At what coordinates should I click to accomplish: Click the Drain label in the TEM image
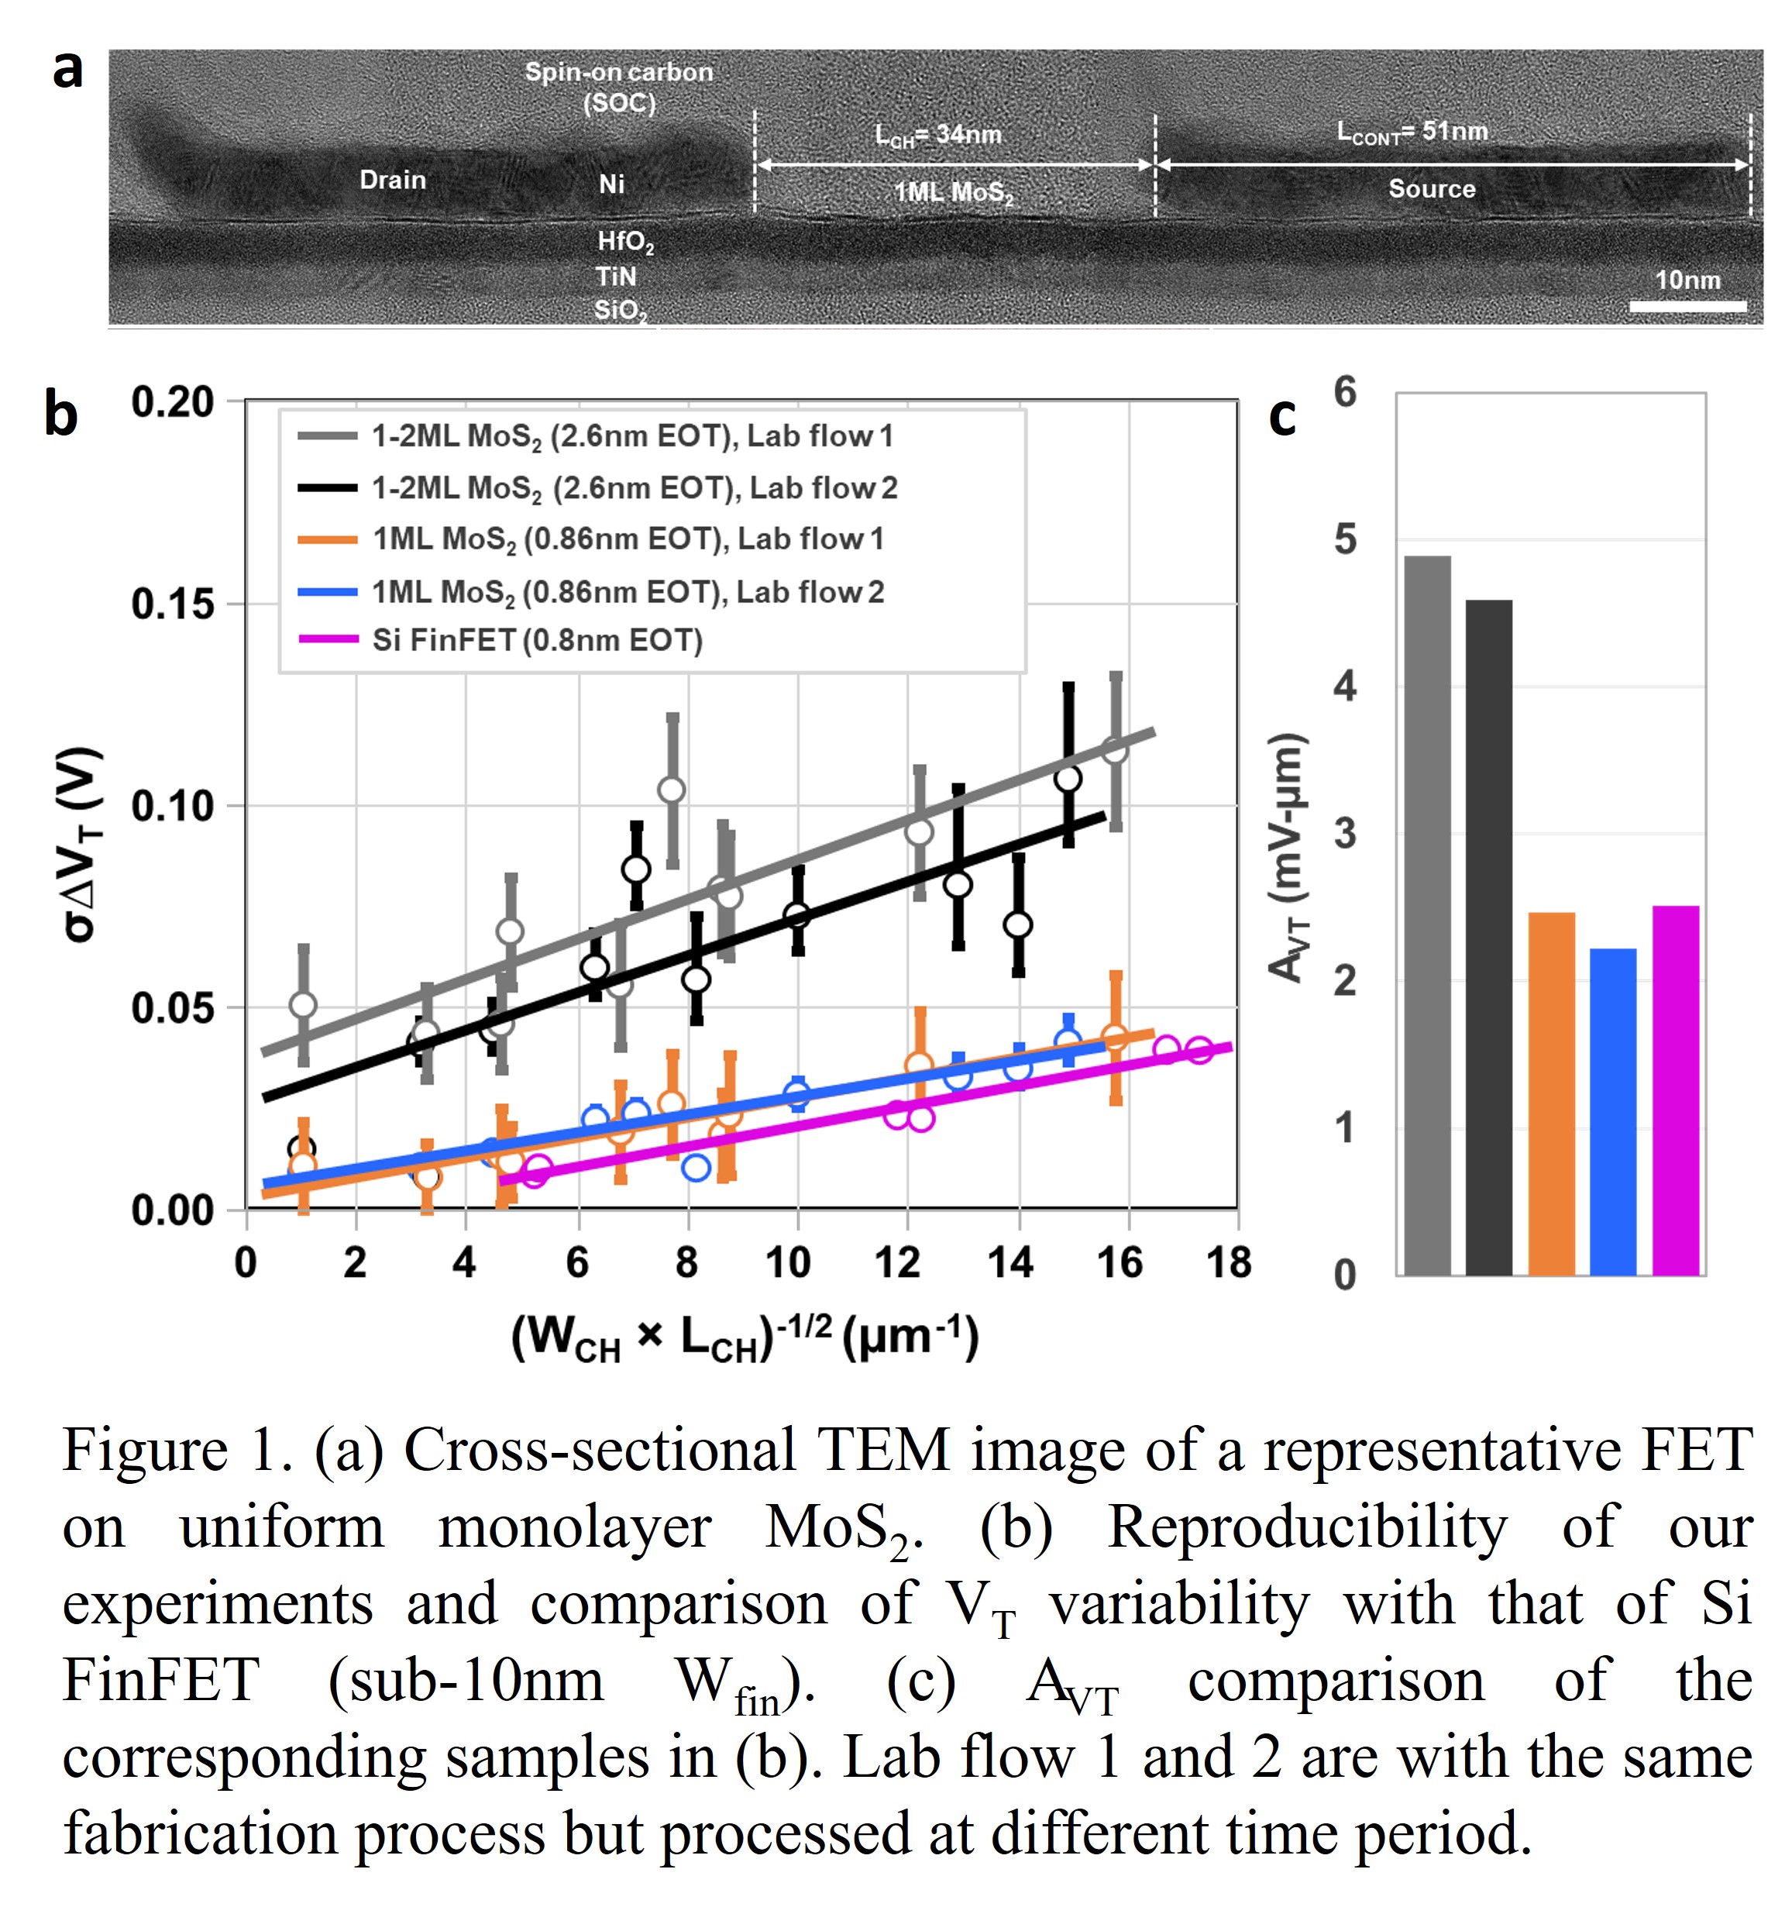tap(392, 181)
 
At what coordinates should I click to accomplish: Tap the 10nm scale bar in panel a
tap(1687, 306)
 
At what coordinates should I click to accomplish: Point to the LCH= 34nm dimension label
tap(937, 136)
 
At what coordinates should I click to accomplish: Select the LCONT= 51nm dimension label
tap(1412, 132)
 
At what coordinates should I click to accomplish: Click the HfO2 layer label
tap(624, 242)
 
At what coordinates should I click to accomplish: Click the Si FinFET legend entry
tap(536, 640)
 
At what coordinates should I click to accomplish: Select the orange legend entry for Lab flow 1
tap(628, 539)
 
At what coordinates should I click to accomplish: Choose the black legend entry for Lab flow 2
tap(634, 488)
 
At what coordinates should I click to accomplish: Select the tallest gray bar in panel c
tap(1427, 915)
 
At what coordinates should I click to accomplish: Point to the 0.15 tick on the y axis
tap(173, 604)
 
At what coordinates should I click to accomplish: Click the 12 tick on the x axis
tap(898, 1263)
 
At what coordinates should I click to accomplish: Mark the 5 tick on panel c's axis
tap(1346, 540)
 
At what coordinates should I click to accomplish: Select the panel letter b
tap(60, 415)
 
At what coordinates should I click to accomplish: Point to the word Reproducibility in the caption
tap(1306, 1527)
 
